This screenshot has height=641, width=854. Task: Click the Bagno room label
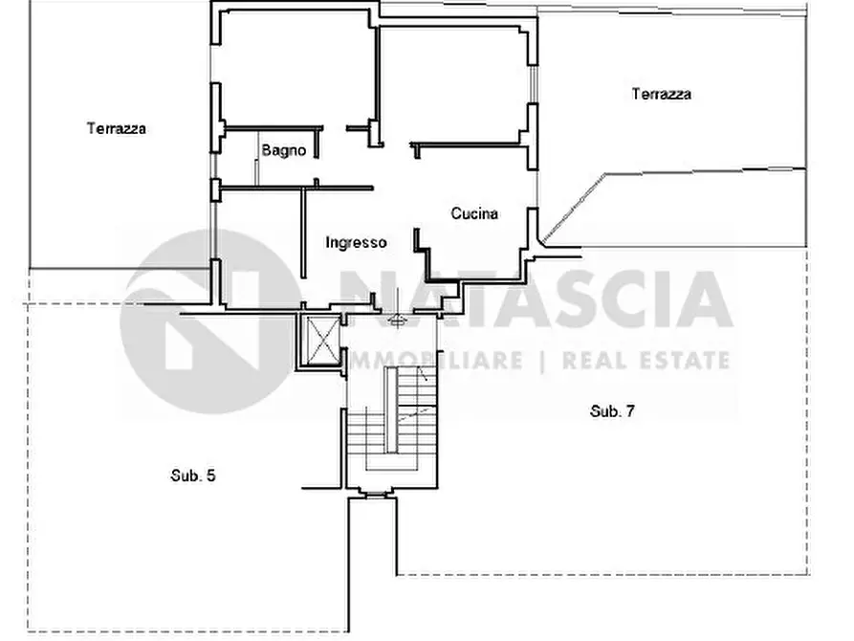click(283, 150)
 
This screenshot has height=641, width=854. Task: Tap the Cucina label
click(474, 214)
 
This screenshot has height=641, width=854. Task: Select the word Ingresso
click(356, 243)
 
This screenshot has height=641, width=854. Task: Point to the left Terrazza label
click(116, 128)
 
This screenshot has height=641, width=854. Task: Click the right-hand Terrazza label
click(661, 94)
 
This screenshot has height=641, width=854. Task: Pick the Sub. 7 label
click(612, 411)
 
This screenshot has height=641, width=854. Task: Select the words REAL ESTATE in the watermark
click(646, 361)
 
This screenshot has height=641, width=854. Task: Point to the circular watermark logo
click(206, 321)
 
